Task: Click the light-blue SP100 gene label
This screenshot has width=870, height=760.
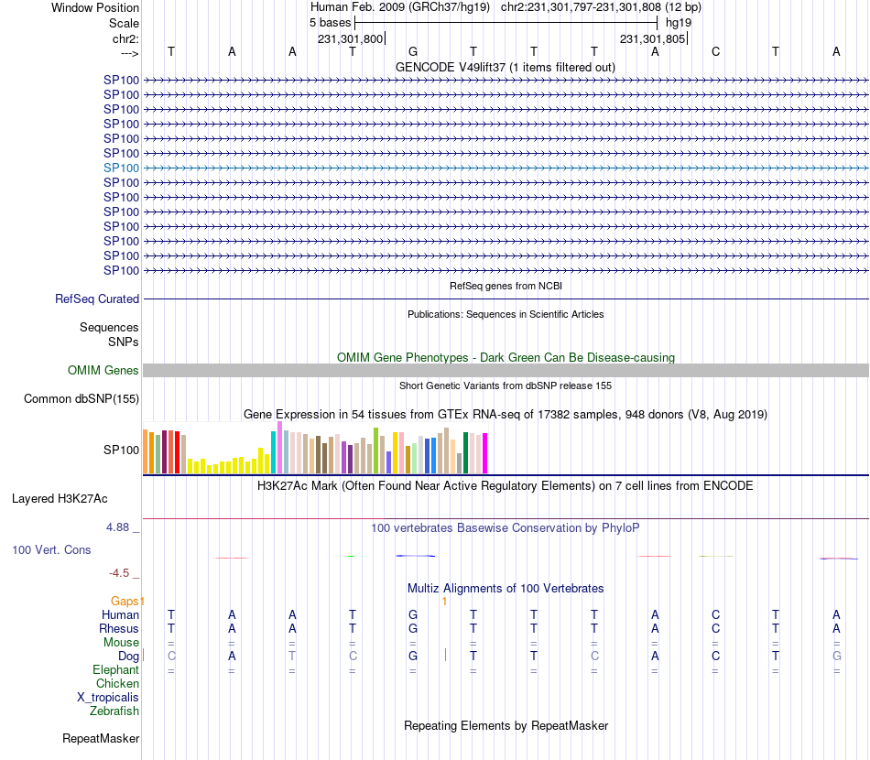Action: point(121,168)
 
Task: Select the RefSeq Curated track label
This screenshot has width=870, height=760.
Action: point(97,299)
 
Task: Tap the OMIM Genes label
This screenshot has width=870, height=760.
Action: point(103,371)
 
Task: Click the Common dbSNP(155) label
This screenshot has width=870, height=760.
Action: point(82,398)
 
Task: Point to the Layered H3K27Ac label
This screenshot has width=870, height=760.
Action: point(60,499)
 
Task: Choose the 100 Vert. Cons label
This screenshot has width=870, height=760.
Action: point(51,550)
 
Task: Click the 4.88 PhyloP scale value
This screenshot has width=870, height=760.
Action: point(119,527)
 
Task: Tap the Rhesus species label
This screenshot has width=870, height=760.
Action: point(119,629)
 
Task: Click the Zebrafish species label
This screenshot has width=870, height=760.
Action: point(114,711)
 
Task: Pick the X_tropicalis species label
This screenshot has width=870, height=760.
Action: point(108,698)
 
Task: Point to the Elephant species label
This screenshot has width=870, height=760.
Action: point(116,670)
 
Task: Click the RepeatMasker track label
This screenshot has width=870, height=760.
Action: point(101,738)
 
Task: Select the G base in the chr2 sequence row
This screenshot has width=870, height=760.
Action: point(413,51)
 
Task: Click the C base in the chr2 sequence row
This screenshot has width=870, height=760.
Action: point(716,51)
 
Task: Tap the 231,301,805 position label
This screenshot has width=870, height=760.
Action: point(652,38)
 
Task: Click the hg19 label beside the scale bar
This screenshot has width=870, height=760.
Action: point(679,22)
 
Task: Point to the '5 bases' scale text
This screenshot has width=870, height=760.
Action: point(330,22)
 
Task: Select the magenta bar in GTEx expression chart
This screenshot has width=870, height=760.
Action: point(484,452)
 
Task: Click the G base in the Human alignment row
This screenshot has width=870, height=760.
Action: point(413,614)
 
